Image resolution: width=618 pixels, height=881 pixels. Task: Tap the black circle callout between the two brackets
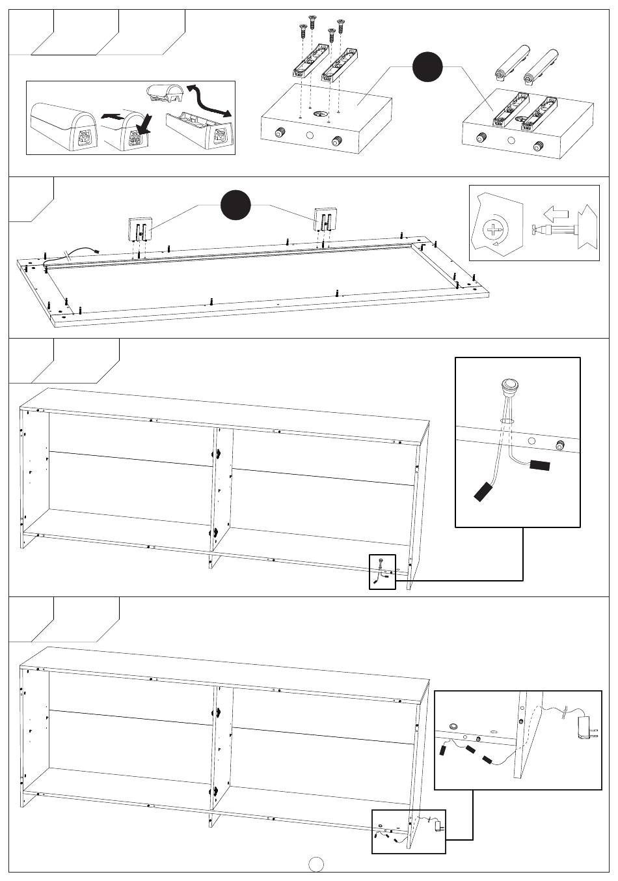click(x=235, y=206)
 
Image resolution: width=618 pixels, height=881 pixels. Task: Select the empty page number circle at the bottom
click(x=316, y=864)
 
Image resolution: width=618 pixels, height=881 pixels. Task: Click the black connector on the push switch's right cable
click(x=540, y=466)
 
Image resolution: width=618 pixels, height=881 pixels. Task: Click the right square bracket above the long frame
click(x=325, y=219)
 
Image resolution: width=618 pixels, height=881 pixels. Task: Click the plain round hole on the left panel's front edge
click(x=309, y=137)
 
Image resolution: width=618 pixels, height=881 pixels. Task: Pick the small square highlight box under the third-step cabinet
click(x=382, y=572)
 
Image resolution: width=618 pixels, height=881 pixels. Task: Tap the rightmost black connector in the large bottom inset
click(x=486, y=760)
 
